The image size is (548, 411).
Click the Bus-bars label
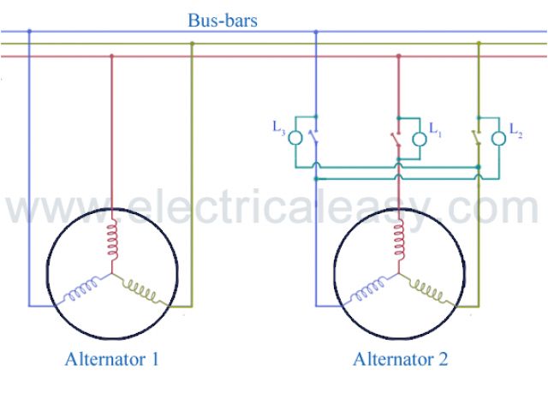pos(223,19)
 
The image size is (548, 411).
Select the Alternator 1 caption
pos(111,359)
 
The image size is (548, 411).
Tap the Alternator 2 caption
pos(400,359)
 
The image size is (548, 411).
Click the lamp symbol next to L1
pos(419,139)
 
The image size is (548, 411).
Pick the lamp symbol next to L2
pos(498,139)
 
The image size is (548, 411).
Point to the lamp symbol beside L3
pos(295,137)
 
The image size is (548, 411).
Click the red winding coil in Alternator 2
pos(398,241)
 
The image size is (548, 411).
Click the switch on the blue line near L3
pos(315,137)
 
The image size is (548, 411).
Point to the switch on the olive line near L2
pos(476,137)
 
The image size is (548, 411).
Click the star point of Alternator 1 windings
pos(110,276)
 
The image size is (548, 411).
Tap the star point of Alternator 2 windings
pos(397,276)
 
